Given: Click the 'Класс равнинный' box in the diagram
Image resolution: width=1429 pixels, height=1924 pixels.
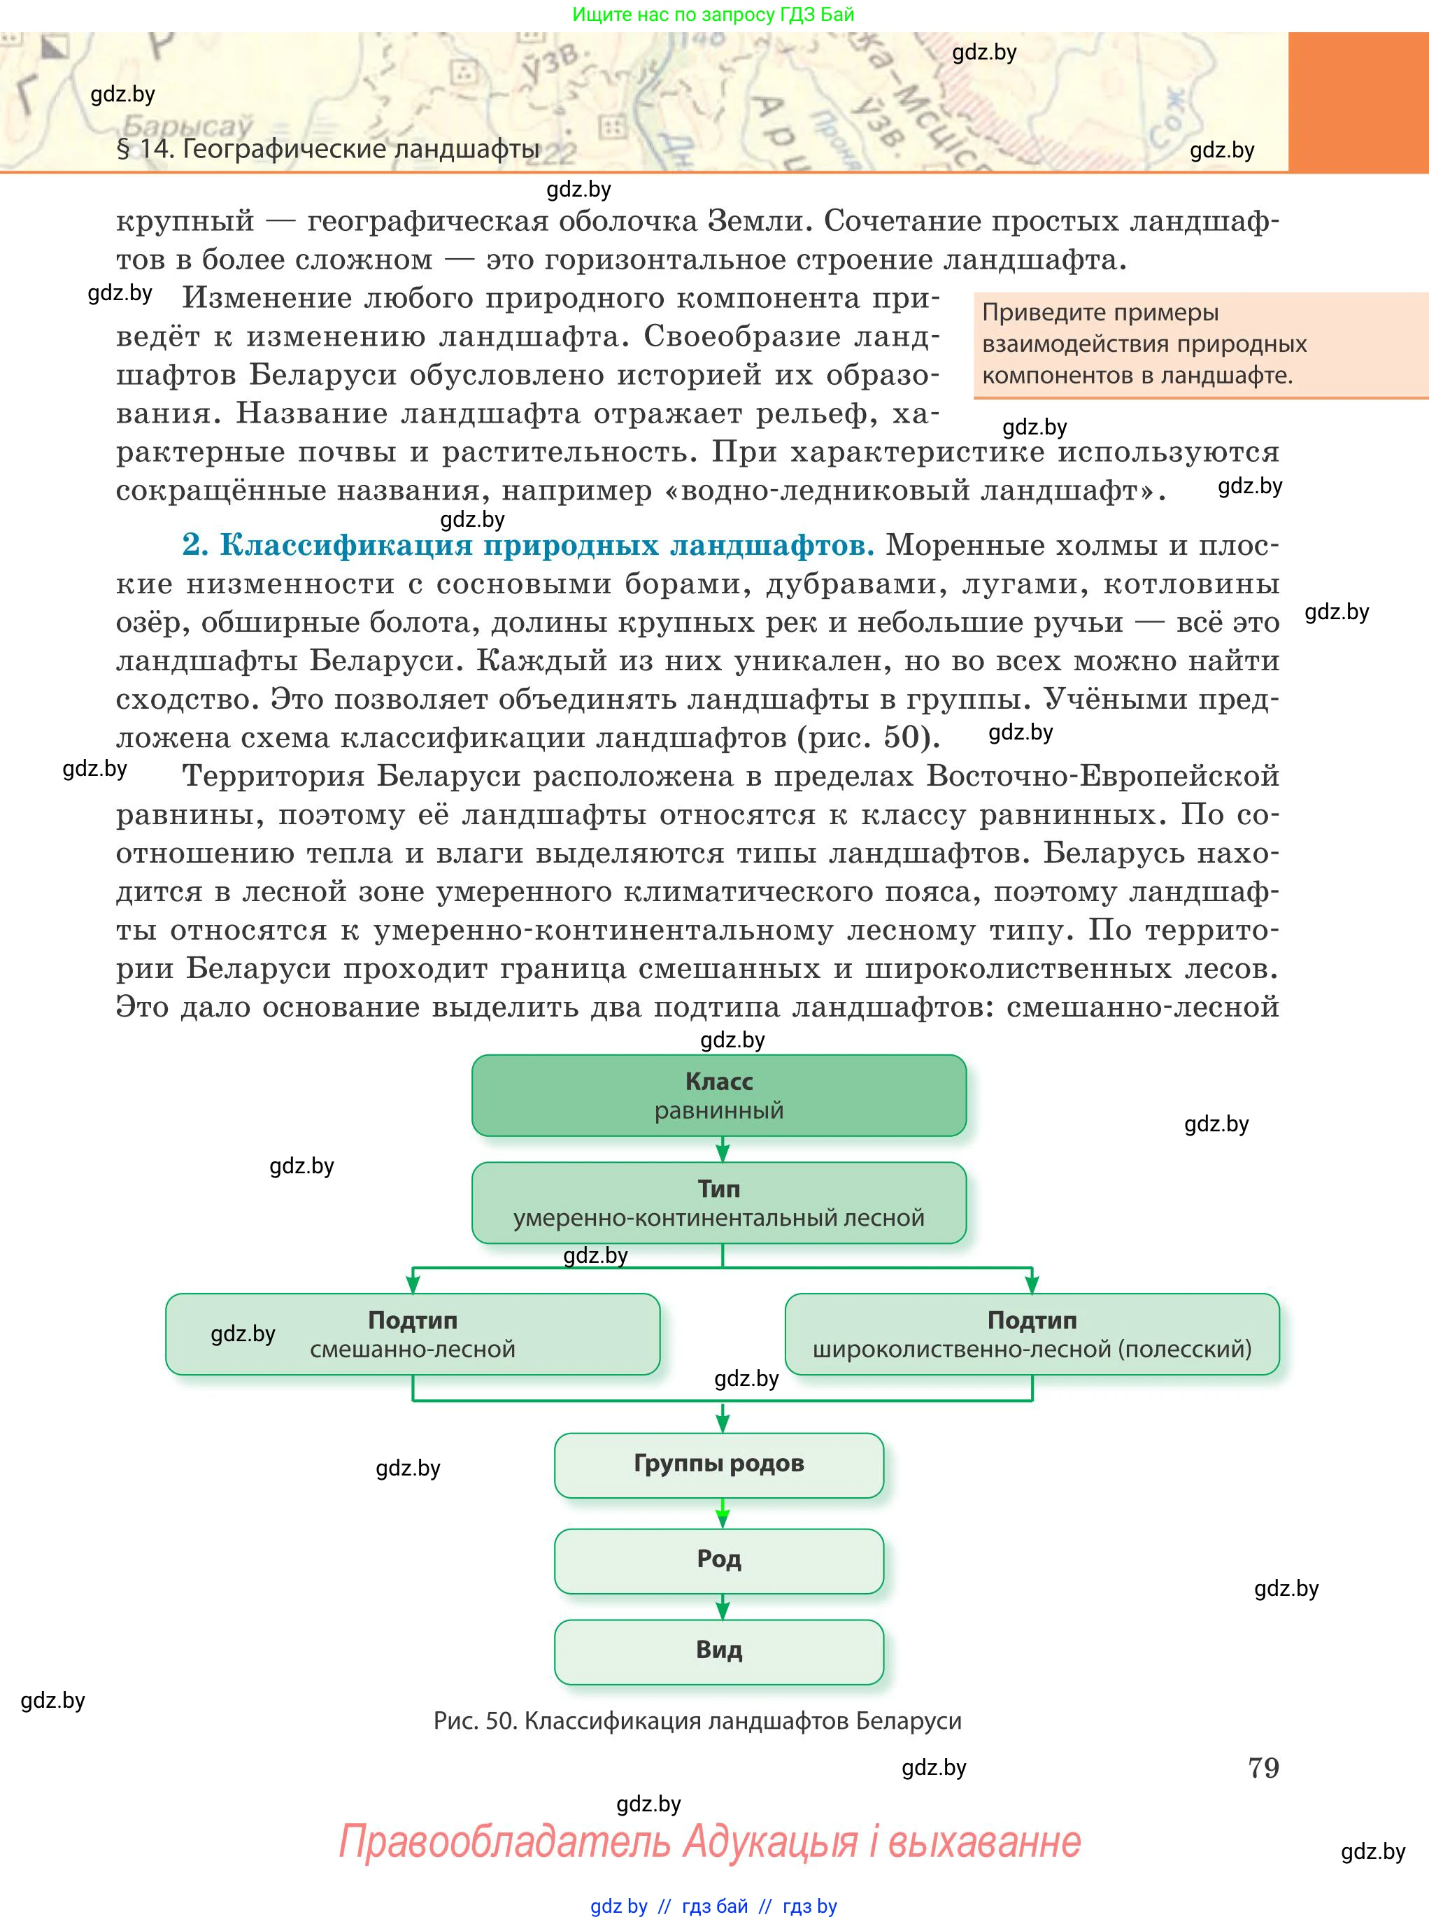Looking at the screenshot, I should tap(719, 1095).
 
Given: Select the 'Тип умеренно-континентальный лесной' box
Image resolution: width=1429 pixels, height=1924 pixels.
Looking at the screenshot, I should tap(719, 1203).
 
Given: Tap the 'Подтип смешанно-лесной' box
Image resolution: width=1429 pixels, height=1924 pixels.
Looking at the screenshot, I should tap(413, 1334).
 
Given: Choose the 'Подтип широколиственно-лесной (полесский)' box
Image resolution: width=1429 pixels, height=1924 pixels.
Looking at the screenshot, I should tap(1032, 1334).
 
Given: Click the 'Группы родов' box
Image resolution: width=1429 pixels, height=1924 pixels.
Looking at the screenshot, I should tap(719, 1464).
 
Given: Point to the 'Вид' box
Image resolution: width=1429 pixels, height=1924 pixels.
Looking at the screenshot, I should tap(719, 1651).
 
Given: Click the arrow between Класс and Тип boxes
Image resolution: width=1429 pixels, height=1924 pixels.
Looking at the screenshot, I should tap(723, 1149).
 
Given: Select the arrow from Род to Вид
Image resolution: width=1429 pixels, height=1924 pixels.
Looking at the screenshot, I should tap(723, 1606).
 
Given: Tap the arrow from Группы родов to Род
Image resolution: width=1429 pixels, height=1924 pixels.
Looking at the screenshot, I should tap(723, 1513).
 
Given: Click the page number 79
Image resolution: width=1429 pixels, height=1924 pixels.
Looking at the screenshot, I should tap(1263, 1767).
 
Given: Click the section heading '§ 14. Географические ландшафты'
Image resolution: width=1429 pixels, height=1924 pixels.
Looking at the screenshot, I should tap(328, 149).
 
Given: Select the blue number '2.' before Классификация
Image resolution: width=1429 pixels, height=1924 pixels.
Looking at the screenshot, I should tap(195, 545).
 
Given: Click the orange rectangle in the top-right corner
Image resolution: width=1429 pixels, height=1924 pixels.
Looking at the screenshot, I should tap(1358, 101).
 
